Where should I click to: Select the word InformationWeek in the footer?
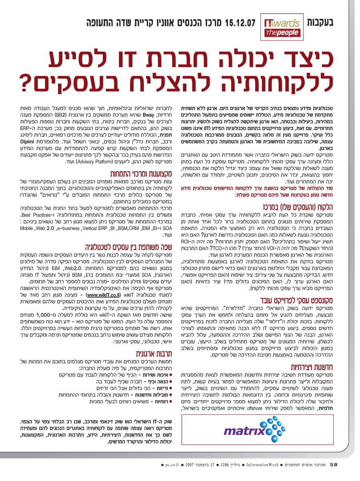click(x=262, y=465)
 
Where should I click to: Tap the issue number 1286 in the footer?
click(x=226, y=465)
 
